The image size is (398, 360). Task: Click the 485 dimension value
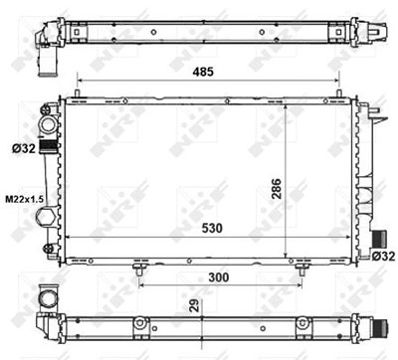point(203,72)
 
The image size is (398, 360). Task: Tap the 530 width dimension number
point(212,228)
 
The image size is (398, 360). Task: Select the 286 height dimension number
point(277,189)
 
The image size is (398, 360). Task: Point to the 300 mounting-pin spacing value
point(219,277)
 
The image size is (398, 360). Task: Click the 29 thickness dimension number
point(195,305)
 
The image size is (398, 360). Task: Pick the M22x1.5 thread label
point(25,199)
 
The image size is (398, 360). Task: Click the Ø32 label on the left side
point(24,149)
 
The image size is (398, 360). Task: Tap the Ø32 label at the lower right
point(383,257)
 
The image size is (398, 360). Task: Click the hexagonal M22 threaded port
point(46,217)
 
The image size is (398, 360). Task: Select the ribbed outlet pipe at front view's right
point(380,240)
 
